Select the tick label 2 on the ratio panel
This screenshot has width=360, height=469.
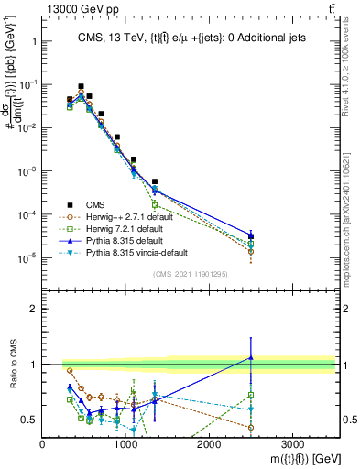[x=33, y=309]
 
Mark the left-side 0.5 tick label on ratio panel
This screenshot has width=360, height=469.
[x=29, y=420]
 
